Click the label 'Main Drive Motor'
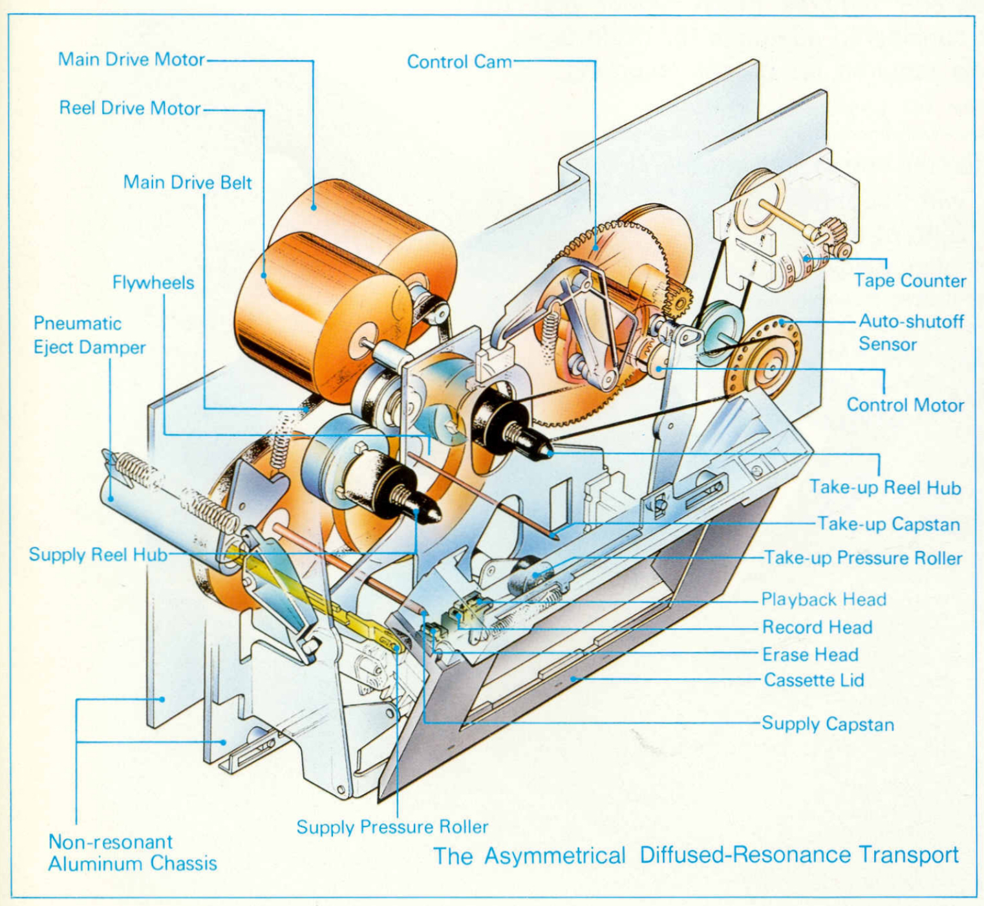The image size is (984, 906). (131, 59)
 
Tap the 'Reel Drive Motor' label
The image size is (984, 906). (130, 108)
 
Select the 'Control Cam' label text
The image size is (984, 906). (459, 62)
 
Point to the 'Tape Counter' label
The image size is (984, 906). (910, 281)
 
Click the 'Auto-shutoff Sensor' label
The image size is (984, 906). (910, 332)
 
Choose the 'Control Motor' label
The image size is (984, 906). (905, 405)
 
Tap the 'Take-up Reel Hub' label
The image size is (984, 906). (885, 488)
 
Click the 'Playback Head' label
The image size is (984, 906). (824, 599)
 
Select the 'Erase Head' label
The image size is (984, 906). (810, 654)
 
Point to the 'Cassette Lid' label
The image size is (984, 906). (814, 680)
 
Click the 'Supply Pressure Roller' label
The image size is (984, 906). (392, 827)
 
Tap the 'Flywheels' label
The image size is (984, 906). (153, 283)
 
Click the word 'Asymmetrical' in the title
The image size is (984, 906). (555, 856)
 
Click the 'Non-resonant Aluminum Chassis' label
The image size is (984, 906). (133, 852)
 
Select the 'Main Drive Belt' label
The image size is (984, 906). (187, 182)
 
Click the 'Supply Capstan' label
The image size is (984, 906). (828, 724)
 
